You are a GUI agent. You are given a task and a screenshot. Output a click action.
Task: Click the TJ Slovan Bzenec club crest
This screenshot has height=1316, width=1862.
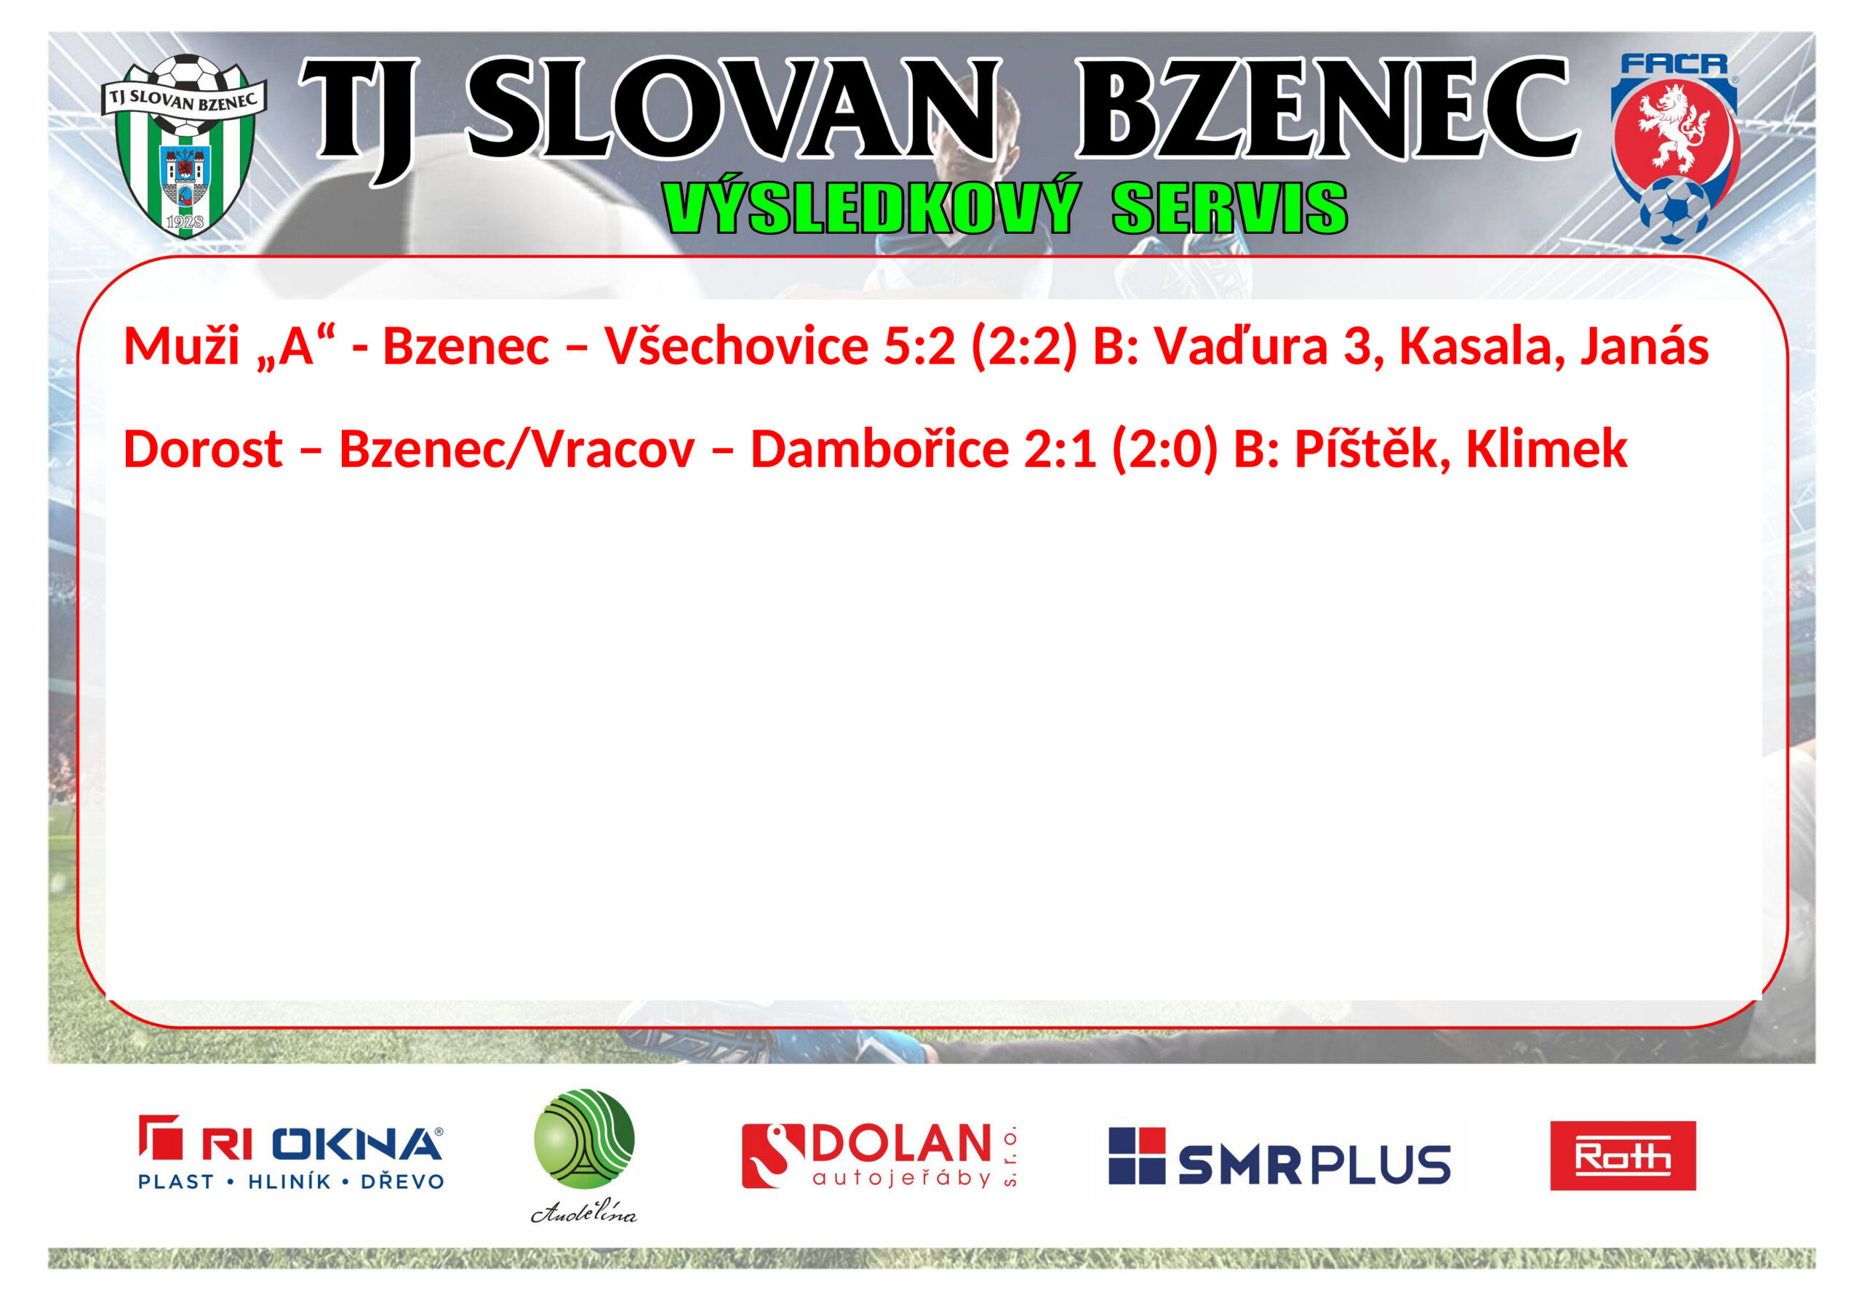tap(185, 147)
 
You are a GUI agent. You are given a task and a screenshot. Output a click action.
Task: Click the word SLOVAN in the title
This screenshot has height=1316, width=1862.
tap(732, 111)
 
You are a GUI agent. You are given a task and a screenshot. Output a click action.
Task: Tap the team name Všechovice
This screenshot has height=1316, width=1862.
tap(736, 346)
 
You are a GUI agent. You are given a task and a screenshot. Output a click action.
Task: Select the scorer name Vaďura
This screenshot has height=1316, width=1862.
tap(1242, 346)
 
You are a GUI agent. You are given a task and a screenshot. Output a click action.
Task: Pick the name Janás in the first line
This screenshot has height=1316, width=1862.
tap(1645, 346)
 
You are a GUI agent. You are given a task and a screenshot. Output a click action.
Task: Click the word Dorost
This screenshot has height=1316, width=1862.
tap(203, 449)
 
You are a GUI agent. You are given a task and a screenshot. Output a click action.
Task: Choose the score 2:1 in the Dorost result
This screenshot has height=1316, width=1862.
tap(1060, 449)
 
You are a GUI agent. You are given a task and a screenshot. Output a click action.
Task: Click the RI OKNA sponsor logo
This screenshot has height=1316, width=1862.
tap(290, 1153)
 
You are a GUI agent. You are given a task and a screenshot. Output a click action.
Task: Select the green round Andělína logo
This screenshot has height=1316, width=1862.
tap(584, 1154)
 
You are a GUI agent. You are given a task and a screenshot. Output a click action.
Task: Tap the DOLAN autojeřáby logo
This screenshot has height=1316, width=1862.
tap(879, 1155)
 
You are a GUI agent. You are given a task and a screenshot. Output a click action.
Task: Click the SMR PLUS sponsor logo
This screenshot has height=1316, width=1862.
tap(1279, 1155)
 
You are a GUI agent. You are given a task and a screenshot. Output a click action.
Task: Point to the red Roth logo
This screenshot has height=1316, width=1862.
tap(1623, 1155)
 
